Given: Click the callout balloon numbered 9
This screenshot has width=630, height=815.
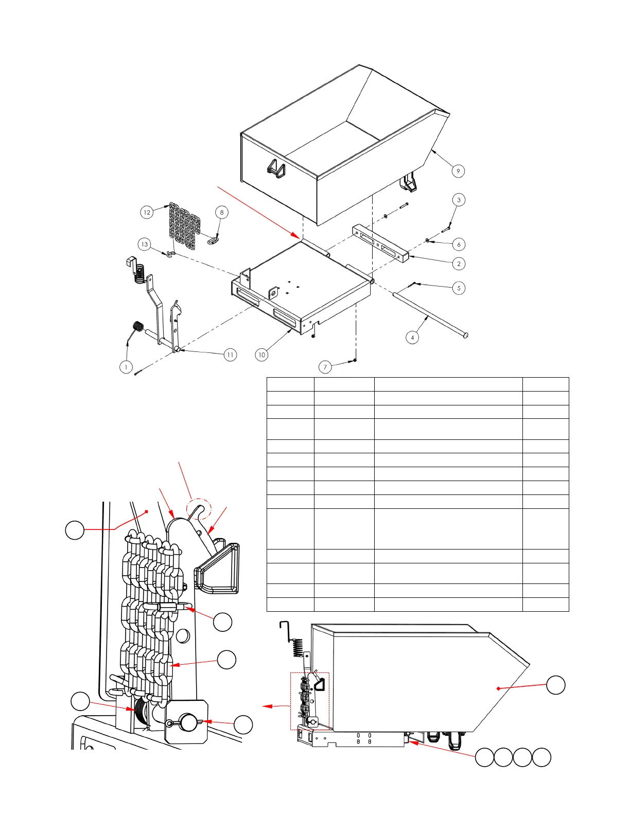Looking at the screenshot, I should (458, 171).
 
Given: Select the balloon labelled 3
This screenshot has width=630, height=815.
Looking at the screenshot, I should (459, 200).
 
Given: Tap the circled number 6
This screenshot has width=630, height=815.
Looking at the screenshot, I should (459, 244).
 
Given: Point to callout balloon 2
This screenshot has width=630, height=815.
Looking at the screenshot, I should (459, 263).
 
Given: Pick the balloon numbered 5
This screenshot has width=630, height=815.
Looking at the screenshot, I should (459, 288).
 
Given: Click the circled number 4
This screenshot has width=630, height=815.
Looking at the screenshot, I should (412, 338).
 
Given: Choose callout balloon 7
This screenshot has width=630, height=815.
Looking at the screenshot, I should (325, 367).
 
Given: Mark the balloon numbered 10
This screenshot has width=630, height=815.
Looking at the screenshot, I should (262, 355).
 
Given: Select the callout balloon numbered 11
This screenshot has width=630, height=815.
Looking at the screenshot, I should (230, 355).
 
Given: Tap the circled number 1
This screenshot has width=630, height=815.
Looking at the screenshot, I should (126, 367).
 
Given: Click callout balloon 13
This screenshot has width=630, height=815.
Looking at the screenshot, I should (144, 244).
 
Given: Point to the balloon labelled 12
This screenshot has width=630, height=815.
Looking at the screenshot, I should (147, 212).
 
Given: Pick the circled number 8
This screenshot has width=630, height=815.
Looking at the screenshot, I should (222, 212).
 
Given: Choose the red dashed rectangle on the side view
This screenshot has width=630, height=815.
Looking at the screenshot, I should (309, 701).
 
